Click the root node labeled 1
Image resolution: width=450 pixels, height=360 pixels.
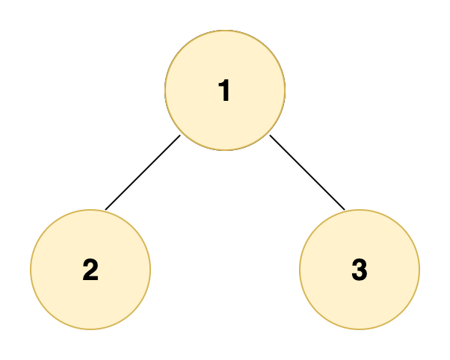coord(225,90)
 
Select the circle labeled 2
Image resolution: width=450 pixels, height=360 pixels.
coord(90,270)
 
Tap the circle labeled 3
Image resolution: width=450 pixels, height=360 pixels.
coord(360,270)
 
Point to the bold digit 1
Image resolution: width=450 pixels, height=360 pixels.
coord(224,90)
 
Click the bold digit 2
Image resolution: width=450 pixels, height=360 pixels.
coord(90,270)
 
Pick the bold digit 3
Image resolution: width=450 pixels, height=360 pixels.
coord(360,270)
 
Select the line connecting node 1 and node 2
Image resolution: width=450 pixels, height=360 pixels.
coord(143,173)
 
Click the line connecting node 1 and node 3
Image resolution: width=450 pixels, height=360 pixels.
coord(307,173)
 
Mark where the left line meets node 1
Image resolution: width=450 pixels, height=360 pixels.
coord(180,135)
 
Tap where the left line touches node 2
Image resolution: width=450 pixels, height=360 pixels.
coord(105,210)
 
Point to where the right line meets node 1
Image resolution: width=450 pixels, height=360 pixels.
coord(270,135)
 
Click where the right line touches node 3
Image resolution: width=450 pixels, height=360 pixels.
coord(345,210)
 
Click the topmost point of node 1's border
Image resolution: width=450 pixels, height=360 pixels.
coord(225,30)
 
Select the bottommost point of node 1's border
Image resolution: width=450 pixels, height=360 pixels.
coord(225,150)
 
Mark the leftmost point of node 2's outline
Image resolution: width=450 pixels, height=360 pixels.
coord(31,270)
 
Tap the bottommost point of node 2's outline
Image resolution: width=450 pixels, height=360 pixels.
coord(90,329)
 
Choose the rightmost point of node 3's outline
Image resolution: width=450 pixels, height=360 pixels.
coord(420,270)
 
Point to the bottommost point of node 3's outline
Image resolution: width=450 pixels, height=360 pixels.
coord(360,329)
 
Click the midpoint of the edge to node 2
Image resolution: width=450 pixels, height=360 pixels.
coord(143,173)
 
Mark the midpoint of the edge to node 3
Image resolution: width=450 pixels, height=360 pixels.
coord(307,173)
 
